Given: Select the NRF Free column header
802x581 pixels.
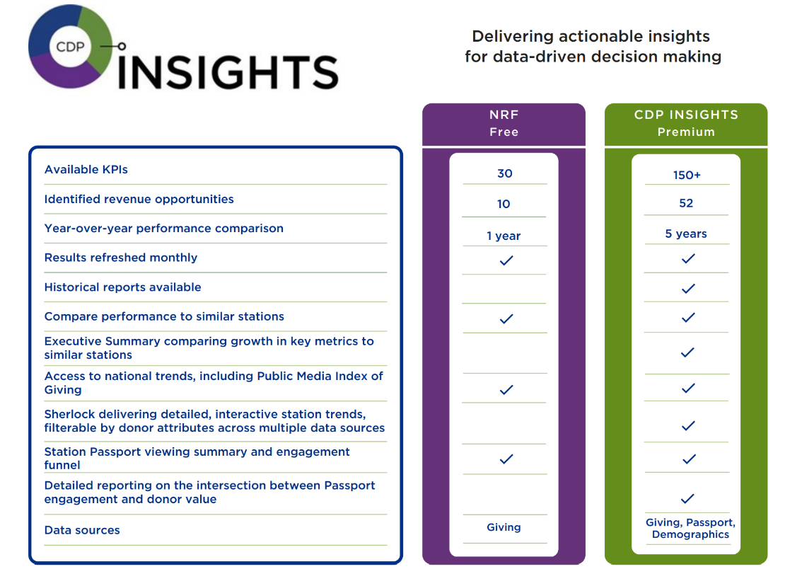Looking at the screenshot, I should [504, 123].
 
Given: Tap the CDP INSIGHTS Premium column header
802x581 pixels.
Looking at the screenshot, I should [685, 123].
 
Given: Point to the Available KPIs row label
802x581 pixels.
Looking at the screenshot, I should [86, 170].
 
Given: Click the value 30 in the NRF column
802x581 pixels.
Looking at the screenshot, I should [504, 174].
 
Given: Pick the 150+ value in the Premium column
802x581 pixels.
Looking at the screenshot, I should [687, 176].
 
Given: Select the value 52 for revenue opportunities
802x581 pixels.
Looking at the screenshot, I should [686, 204].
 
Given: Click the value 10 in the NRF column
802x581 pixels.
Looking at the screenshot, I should [504, 205].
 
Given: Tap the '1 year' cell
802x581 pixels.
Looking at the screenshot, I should [504, 236].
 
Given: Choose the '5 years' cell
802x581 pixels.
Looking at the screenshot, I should [686, 234].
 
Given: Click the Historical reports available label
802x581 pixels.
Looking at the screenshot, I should [122, 287].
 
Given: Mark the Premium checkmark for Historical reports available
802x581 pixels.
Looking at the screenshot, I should [687, 289].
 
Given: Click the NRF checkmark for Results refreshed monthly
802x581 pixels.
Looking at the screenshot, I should [506, 261].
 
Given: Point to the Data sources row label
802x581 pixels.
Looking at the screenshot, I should [82, 531].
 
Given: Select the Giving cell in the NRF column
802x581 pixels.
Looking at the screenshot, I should [504, 527].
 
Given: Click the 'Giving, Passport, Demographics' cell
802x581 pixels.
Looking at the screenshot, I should [690, 529].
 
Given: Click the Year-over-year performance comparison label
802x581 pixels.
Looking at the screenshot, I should [163, 229].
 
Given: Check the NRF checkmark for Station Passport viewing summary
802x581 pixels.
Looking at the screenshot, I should [506, 459].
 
